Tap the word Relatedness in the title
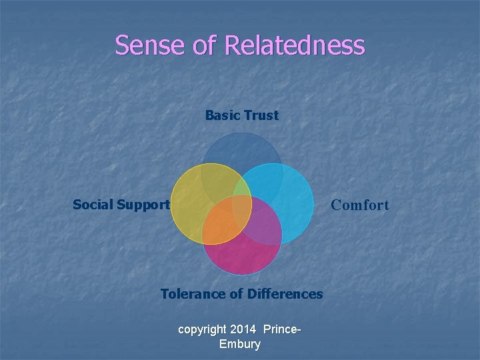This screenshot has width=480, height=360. pyautogui.click(x=295, y=45)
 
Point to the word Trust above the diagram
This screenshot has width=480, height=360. pyautogui.click(x=261, y=115)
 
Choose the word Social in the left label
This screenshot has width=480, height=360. pyautogui.click(x=92, y=205)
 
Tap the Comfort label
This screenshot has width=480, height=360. pyautogui.click(x=360, y=205)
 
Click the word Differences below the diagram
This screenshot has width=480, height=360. pyautogui.click(x=285, y=294)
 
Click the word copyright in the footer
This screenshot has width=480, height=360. pyautogui.click(x=202, y=330)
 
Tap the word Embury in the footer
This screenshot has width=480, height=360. pyautogui.click(x=239, y=344)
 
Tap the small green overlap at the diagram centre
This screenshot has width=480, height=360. pyautogui.click(x=241, y=198)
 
